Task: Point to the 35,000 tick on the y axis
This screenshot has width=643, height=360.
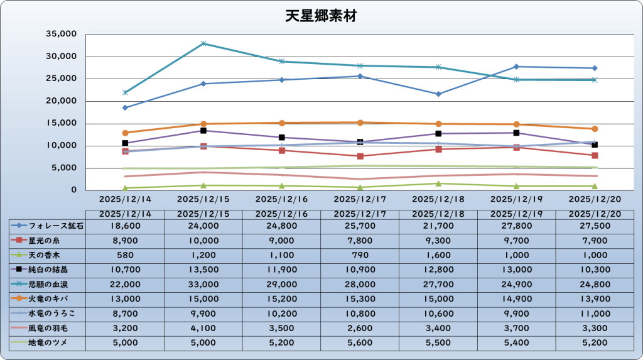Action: click(62, 34)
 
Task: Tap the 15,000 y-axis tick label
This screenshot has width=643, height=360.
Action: click(62, 124)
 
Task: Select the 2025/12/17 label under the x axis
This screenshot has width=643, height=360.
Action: click(360, 198)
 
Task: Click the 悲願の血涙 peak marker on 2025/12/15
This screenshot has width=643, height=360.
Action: click(203, 43)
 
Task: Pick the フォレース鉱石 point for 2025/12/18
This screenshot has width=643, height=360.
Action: click(438, 94)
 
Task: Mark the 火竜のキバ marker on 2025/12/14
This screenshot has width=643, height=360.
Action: click(126, 133)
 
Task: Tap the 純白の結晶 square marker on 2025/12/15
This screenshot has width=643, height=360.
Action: click(203, 131)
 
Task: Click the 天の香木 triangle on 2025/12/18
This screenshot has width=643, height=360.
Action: click(438, 183)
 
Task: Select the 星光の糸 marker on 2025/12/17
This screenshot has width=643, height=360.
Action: click(360, 156)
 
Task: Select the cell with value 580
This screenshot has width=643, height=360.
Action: click(125, 255)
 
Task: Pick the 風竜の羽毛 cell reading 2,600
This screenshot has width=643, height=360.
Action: click(360, 327)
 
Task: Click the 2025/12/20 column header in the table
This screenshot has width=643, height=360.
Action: click(595, 214)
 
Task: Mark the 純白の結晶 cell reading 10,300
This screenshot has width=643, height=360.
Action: click(595, 270)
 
